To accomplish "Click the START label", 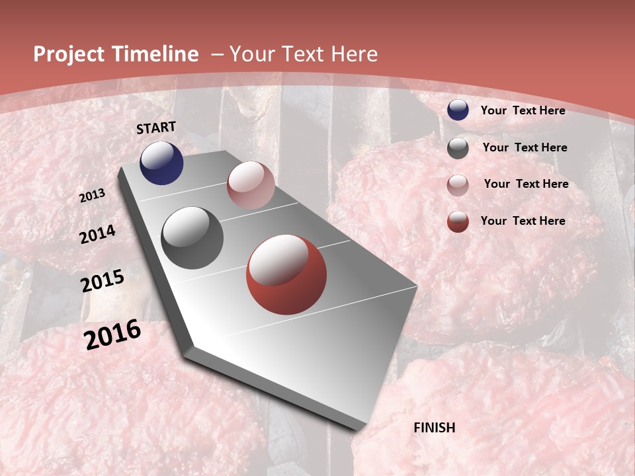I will click(156, 128).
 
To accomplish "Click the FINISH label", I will click(435, 428).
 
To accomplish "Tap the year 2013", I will click(92, 196).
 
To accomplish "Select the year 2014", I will click(97, 235).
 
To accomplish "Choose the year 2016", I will click(112, 335).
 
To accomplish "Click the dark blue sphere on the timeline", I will click(161, 163).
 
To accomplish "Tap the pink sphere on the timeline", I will click(251, 185).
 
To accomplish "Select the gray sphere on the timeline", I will click(192, 238).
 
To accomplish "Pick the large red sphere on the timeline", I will click(286, 274).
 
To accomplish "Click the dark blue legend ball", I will click(458, 110).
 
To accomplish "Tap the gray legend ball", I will click(458, 148).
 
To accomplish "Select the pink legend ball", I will click(458, 185).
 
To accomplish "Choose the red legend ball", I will click(458, 221).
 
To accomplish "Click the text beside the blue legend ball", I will click(523, 110).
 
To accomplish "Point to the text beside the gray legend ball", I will click(525, 147).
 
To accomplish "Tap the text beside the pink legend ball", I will click(526, 184).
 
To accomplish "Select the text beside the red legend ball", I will click(523, 221).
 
